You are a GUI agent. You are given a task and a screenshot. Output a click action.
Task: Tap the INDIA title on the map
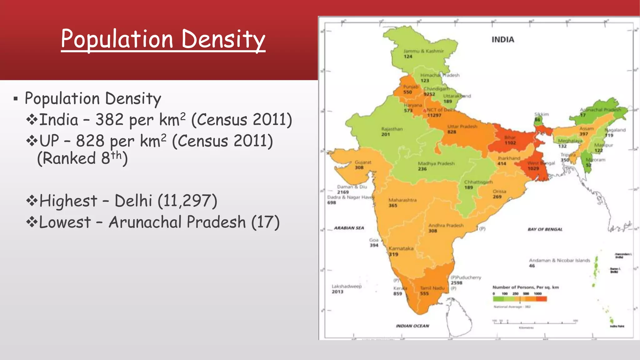pos(503,40)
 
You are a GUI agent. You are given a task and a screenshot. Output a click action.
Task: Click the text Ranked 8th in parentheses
pos(82,158)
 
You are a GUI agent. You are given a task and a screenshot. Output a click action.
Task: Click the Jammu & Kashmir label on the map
pos(423,51)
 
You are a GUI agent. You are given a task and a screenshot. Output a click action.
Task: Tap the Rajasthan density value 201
pos(385,134)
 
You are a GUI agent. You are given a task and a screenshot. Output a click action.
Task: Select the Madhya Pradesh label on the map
pos(436,163)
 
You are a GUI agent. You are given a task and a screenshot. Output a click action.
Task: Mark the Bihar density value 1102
pos(510,143)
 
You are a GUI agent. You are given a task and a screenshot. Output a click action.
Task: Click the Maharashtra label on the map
pos(402,200)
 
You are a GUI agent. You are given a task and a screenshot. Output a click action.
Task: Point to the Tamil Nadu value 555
pos(424,293)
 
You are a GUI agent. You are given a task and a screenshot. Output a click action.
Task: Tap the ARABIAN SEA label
pos(349,228)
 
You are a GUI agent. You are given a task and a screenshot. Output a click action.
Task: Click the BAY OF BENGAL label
pos(545,229)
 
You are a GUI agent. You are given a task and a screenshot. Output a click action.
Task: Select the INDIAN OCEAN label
pos(412,326)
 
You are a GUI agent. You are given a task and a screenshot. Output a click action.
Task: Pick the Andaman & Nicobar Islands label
pos(559,260)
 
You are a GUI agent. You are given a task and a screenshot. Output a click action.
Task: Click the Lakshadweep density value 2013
pos(337,292)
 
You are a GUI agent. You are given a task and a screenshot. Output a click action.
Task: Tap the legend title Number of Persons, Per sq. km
pos(526,287)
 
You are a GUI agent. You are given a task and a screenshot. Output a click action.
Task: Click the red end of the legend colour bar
pos(542,299)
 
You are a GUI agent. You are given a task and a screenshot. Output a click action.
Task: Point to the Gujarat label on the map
pos(363,162)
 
